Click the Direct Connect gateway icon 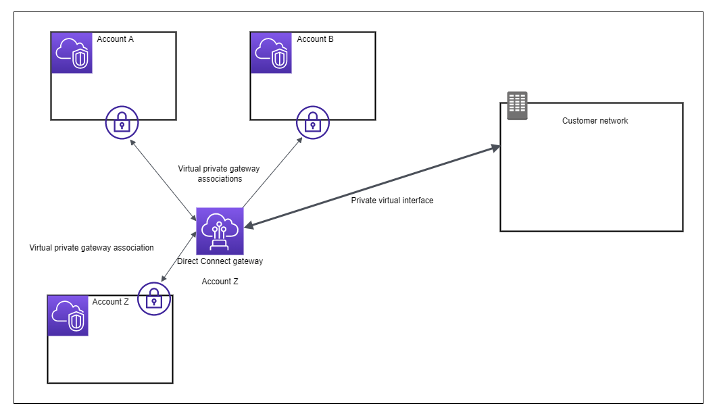[220, 231]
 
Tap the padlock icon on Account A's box [122, 122]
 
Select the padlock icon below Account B [312, 122]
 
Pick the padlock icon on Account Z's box [154, 298]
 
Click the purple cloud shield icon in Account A [72, 53]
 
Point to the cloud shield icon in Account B [272, 53]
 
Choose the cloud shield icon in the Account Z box [68, 315]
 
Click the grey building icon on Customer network [517, 105]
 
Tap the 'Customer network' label [595, 121]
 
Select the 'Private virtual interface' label [392, 201]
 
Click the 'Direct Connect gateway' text [220, 261]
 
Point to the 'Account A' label [115, 39]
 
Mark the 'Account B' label [315, 39]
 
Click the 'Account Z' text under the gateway [220, 282]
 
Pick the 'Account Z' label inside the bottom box [110, 302]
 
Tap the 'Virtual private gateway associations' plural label [219, 174]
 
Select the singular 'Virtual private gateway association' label [91, 248]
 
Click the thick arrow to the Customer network [372, 186]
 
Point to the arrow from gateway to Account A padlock [162, 179]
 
